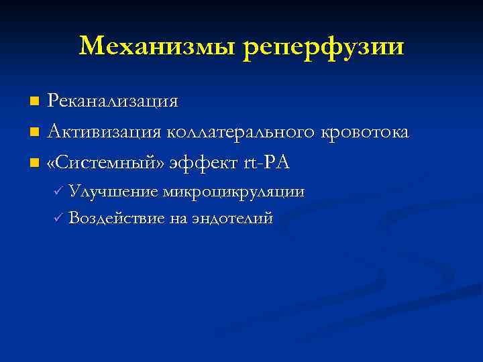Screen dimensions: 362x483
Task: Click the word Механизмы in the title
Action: (158, 46)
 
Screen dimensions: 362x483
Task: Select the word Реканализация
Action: (113, 101)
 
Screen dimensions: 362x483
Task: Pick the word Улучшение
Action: (113, 192)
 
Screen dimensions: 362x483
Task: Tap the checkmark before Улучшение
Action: (58, 192)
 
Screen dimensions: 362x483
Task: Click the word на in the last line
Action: (177, 218)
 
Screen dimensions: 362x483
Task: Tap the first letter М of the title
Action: (90, 46)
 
